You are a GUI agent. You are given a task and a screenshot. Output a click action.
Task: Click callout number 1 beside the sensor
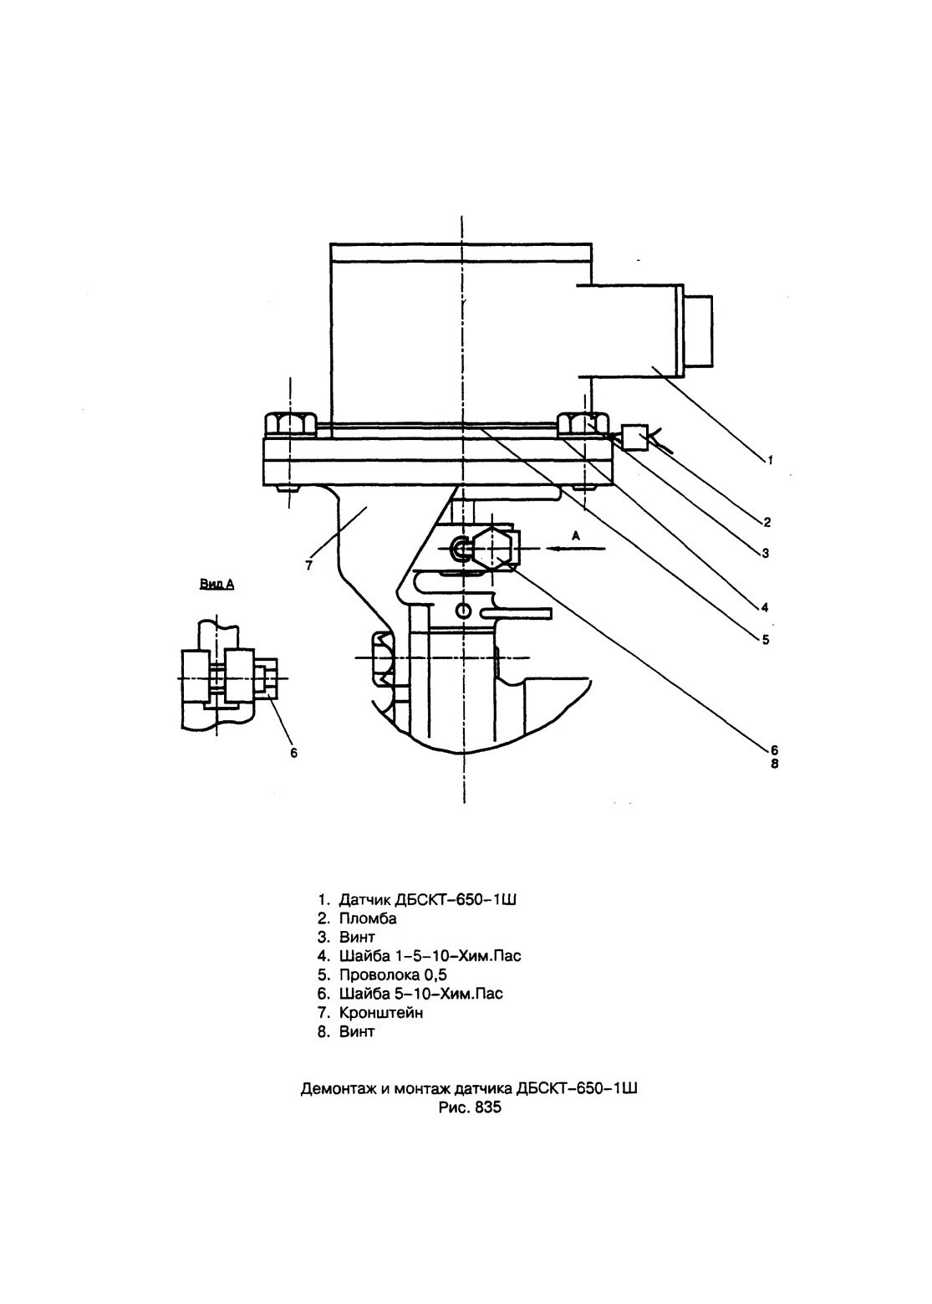point(770,460)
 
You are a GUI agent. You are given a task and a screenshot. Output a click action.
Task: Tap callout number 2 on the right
point(767,522)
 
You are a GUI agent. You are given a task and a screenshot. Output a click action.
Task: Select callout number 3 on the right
point(766,552)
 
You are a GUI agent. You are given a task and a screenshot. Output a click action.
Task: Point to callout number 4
point(765,607)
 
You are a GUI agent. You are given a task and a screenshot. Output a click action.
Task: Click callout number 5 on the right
point(766,639)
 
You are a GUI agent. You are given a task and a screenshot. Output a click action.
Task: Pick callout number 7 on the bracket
point(309,565)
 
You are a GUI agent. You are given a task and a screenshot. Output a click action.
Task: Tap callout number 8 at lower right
point(774,763)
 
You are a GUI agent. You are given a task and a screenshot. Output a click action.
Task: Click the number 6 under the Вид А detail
point(293,753)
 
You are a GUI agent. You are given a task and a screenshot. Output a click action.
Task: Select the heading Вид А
point(217,584)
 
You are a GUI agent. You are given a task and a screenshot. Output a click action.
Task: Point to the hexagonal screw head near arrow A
point(493,548)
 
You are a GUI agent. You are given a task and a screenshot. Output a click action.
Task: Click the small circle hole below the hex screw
point(464,611)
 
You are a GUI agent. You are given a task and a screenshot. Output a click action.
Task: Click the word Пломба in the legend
point(368,918)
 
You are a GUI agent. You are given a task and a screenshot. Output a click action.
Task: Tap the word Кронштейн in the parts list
point(381,1012)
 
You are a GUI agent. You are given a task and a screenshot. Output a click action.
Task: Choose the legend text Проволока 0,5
point(393,974)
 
